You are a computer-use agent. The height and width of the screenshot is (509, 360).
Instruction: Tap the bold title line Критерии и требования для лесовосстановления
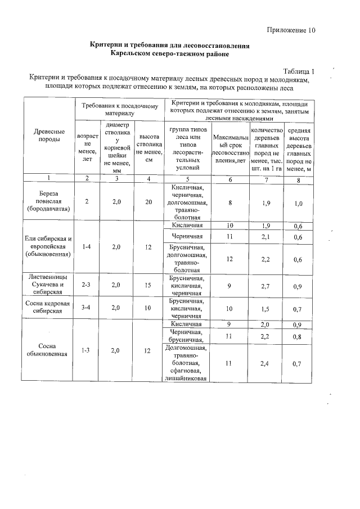pyautogui.click(x=169, y=45)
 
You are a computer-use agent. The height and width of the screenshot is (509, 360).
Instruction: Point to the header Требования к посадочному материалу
pyautogui.click(x=121, y=109)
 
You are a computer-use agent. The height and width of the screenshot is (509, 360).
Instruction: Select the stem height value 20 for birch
pyautogui.click(x=148, y=201)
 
